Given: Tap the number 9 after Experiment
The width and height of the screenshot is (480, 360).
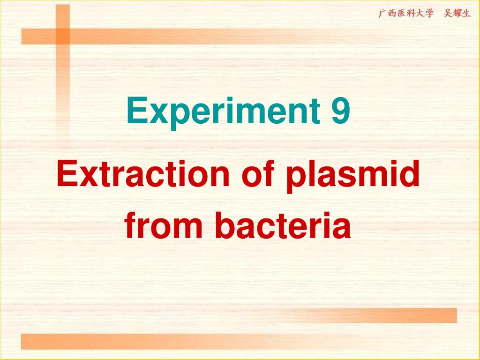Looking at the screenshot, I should [341, 112].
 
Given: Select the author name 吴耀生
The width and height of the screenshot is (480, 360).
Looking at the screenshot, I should [457, 13].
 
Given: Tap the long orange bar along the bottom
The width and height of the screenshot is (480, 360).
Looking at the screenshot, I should [234, 341].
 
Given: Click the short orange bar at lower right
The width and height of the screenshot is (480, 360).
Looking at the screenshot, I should [375, 315].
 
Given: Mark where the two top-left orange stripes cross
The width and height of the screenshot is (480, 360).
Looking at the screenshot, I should [62, 36].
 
